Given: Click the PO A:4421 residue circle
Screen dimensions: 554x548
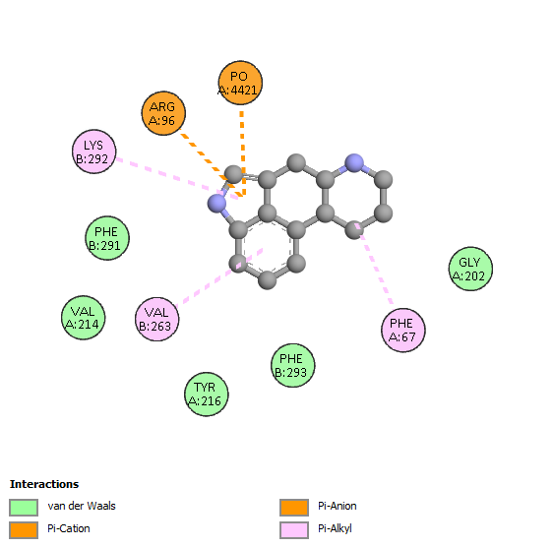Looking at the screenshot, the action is pyautogui.click(x=240, y=83).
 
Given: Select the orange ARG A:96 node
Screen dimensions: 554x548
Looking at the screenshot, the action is pyautogui.click(x=163, y=113).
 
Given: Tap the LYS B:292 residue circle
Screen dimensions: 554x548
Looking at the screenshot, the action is pyautogui.click(x=94, y=152).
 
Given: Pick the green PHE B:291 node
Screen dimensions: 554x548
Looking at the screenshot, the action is pyautogui.click(x=107, y=238).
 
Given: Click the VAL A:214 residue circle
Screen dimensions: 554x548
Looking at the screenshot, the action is pyautogui.click(x=83, y=318).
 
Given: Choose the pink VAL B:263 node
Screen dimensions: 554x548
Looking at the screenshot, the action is pyautogui.click(x=156, y=319).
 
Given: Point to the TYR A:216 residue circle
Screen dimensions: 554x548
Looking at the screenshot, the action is pyautogui.click(x=207, y=394).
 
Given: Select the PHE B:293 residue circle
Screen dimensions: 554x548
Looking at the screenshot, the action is pyautogui.click(x=292, y=365).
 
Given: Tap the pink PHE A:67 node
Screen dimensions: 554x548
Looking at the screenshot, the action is pyautogui.click(x=403, y=330).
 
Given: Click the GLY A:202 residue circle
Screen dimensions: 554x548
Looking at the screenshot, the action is pyautogui.click(x=470, y=269).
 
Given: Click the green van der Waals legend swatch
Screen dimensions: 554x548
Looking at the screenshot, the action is pyautogui.click(x=24, y=508).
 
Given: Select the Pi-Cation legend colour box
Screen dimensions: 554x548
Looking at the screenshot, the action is pyautogui.click(x=24, y=530).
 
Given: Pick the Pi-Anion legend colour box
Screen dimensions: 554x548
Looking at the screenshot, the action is pyautogui.click(x=294, y=508).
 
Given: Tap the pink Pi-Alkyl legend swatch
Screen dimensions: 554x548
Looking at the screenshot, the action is pyautogui.click(x=294, y=530).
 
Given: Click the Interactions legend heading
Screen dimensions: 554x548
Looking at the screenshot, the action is pyautogui.click(x=44, y=484).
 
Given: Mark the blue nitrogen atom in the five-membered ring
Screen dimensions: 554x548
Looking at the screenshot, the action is pyautogui.click(x=216, y=203).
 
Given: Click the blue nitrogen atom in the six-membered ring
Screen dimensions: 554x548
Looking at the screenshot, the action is pyautogui.click(x=354, y=163).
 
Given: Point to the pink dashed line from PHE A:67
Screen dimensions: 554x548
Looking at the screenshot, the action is pyautogui.click(x=374, y=264).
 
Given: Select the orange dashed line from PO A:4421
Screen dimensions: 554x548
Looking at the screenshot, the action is pyautogui.click(x=242, y=154).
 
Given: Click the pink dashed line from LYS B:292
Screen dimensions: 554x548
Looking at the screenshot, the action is pyautogui.click(x=178, y=178).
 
